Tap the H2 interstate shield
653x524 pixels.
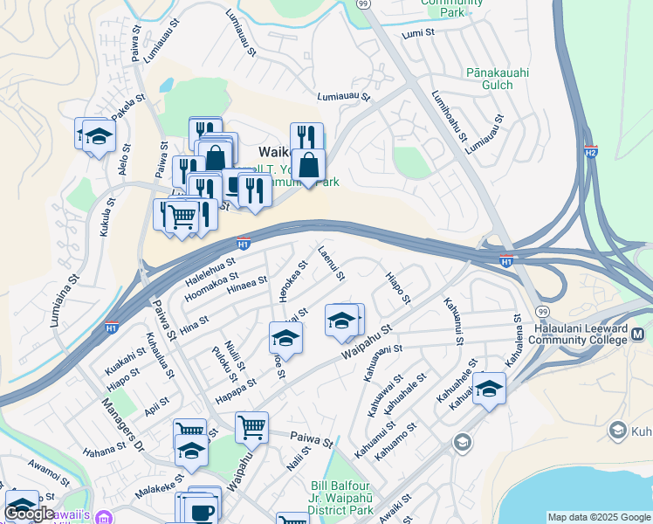click(x=591, y=150)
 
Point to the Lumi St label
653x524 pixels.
click(x=417, y=34)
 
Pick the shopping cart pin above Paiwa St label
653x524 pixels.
click(x=251, y=426)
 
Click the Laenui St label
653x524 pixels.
click(x=332, y=263)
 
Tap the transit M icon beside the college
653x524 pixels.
click(x=638, y=334)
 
